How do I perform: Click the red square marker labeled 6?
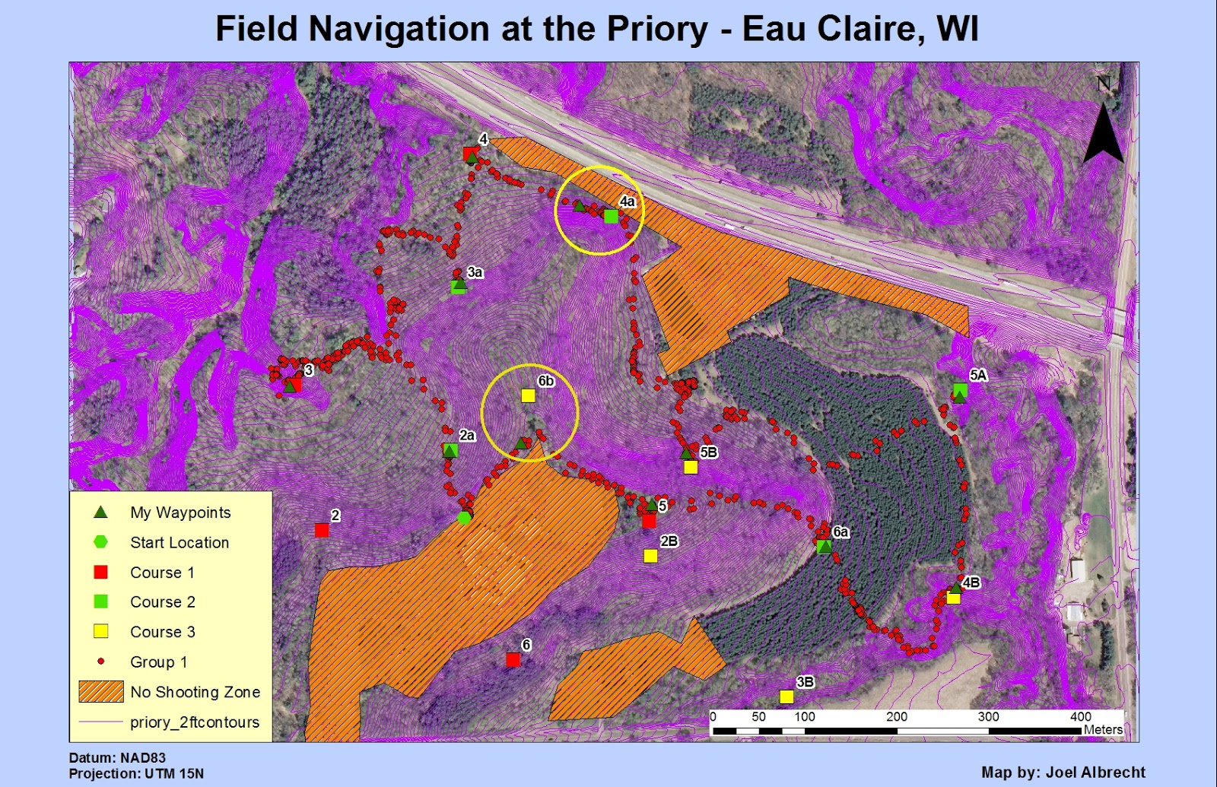[513, 659]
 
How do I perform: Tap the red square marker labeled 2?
[322, 530]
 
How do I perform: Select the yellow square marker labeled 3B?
[786, 697]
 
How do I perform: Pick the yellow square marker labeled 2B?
[650, 556]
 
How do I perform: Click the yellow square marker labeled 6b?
[528, 395]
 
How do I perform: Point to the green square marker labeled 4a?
[611, 216]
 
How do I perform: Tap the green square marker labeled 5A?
[961, 390]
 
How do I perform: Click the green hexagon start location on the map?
[465, 518]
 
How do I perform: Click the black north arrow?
[1103, 133]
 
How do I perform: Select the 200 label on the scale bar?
[897, 716]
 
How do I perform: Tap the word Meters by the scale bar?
[1103, 729]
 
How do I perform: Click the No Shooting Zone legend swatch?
[101, 691]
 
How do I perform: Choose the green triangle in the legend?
[100, 512]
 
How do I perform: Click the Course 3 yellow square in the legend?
[100, 631]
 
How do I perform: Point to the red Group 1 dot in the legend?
[100, 662]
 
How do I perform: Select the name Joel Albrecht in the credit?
[1095, 772]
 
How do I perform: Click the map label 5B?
[708, 452]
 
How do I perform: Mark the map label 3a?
[475, 272]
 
